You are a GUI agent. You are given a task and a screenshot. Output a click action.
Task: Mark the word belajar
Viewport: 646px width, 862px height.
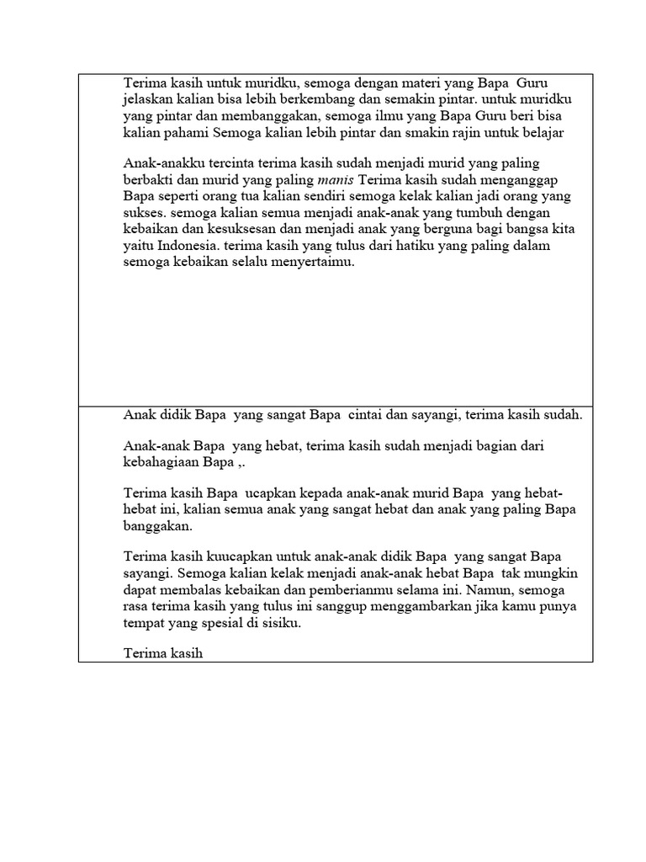[x=539, y=133]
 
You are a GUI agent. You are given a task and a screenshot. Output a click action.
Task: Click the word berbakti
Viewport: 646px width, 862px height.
[x=149, y=179]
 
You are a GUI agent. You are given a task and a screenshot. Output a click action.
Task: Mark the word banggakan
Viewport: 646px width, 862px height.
[x=158, y=526]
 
